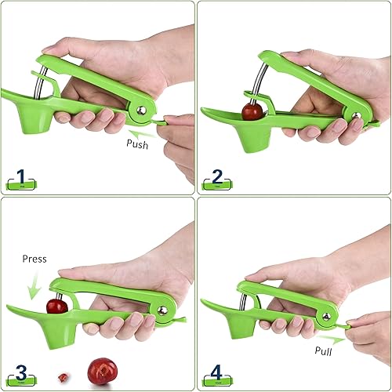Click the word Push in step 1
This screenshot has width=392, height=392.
click(x=140, y=144)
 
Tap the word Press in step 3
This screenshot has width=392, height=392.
click(x=34, y=258)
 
